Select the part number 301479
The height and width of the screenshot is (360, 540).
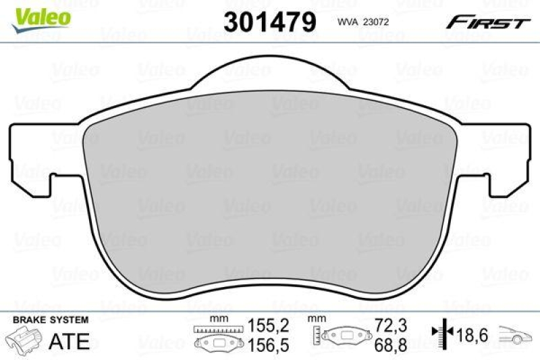click(270, 22)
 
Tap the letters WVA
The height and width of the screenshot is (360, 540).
click(346, 22)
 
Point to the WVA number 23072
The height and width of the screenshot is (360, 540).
click(376, 22)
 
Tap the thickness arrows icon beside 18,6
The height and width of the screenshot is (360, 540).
click(441, 334)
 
